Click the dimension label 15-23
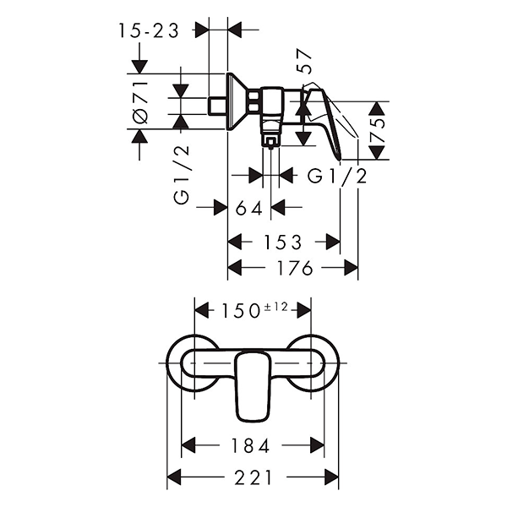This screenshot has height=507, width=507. coord(149,30)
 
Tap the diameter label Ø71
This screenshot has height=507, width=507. coord(140,101)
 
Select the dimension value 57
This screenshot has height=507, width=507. coord(306,62)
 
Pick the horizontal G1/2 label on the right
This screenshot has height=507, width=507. coord(337,176)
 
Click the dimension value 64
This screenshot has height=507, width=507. coord(248,208)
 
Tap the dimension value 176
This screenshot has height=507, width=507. coord(293,269)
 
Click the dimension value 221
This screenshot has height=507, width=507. coord(253,477)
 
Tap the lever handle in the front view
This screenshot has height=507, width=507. coord(252,384)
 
